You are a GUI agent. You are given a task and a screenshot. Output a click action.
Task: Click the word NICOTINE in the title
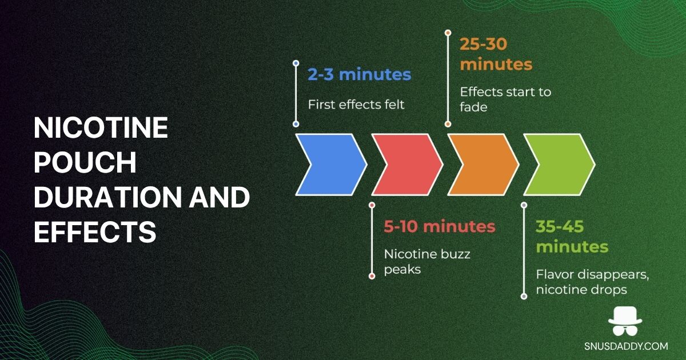point(101,127)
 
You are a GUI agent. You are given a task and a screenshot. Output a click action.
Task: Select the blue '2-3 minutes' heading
point(359,74)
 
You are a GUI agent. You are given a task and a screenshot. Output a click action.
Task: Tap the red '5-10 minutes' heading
point(440,226)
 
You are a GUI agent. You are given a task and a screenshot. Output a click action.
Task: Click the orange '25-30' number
point(484,44)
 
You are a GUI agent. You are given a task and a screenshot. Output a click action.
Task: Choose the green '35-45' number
point(560,226)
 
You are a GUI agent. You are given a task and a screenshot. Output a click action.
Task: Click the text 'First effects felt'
point(356,105)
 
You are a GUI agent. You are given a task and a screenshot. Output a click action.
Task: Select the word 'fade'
point(473,107)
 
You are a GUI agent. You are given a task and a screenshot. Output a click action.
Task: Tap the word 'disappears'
point(609,275)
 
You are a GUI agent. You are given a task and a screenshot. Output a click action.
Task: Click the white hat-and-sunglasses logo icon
point(625,321)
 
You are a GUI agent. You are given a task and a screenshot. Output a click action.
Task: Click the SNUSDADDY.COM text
point(626,346)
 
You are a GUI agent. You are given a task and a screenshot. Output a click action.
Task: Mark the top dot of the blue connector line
point(296,63)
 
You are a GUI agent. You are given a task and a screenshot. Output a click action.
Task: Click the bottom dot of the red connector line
point(372,276)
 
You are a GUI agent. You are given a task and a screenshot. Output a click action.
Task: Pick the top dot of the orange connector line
point(448,33)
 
